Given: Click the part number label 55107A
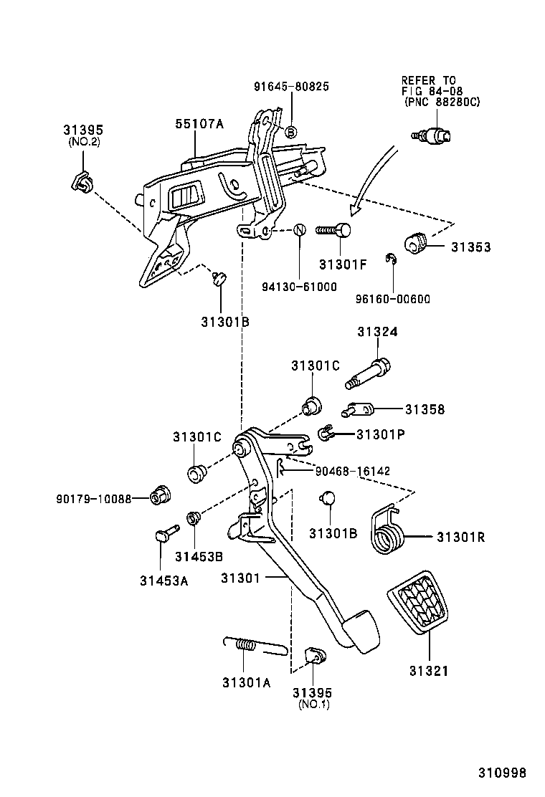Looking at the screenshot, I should [199, 124].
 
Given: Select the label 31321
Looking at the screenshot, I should [429, 672].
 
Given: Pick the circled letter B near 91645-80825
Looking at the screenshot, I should [291, 132].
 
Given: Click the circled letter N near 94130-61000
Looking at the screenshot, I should [300, 230].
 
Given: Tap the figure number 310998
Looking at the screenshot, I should [503, 773].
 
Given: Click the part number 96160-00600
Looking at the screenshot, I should [393, 299].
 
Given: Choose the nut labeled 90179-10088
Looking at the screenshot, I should [158, 497].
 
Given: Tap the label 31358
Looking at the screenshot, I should [425, 410].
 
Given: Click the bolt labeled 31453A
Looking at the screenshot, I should [166, 535].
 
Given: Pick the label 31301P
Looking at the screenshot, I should [381, 434].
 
